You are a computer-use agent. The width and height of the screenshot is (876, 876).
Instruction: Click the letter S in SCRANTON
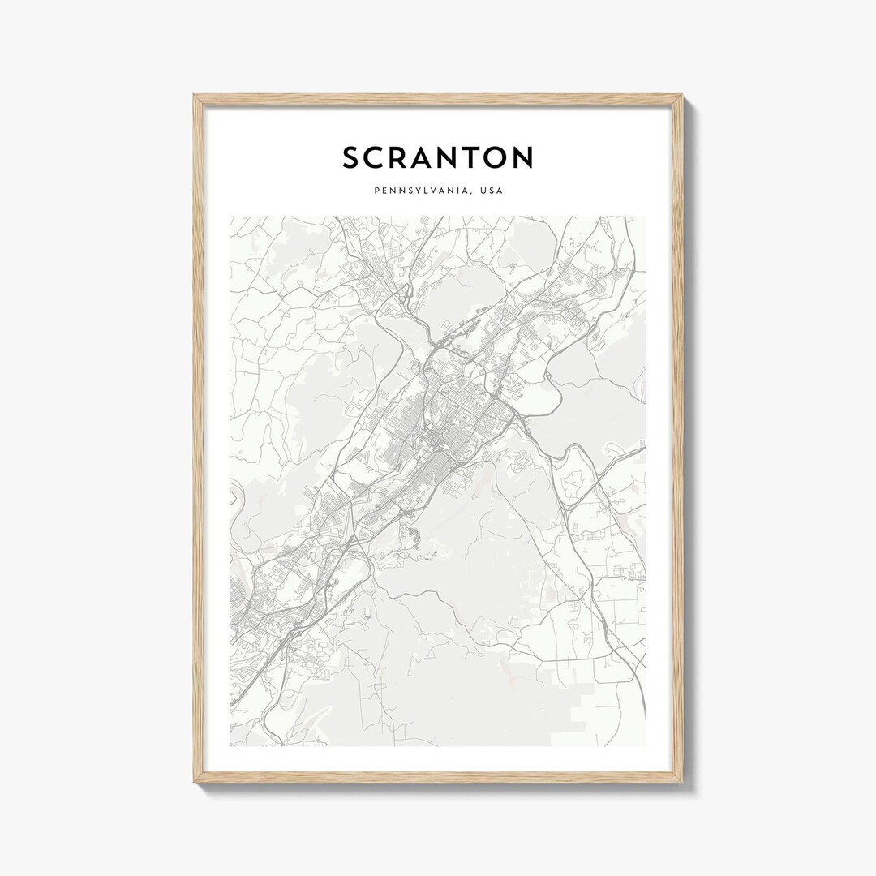(350, 157)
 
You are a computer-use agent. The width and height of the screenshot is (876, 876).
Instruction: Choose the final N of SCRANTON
(524, 157)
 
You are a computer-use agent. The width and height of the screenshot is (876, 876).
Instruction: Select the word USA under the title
(492, 191)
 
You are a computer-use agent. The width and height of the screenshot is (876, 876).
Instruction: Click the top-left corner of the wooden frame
(195, 97)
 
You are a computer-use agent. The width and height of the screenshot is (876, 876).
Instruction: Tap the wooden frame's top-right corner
(682, 97)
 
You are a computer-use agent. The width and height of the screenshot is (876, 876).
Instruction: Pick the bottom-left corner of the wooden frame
(195, 781)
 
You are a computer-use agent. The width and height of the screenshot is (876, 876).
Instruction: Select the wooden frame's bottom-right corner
(682, 781)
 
